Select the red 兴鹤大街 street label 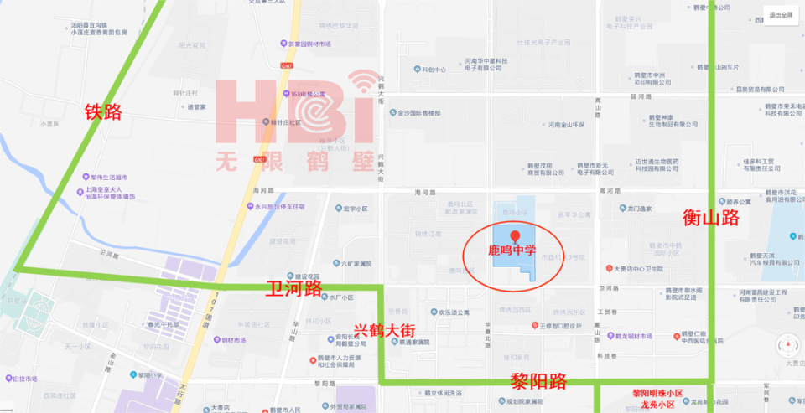coord(385,331)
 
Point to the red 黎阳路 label coord(538,382)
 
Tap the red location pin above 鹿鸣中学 coord(514,237)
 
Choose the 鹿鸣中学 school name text coord(512,250)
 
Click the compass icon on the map coord(787,343)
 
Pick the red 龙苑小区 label coord(657,404)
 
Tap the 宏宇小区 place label coord(352,209)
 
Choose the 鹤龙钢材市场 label coord(630,336)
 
